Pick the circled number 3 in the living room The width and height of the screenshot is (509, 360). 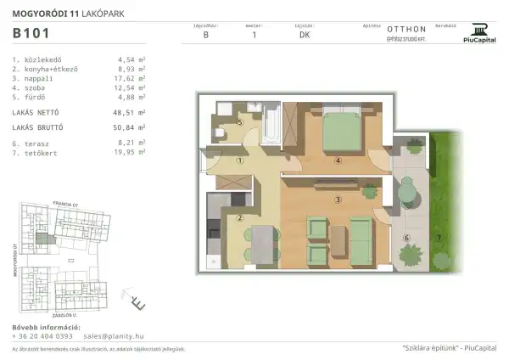[338, 200]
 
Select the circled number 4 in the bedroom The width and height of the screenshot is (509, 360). [338, 160]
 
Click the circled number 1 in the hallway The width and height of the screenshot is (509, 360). [240, 160]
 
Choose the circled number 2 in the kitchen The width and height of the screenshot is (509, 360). [240, 217]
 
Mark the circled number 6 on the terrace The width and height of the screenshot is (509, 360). [406, 238]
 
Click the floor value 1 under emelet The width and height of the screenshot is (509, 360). [254, 35]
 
